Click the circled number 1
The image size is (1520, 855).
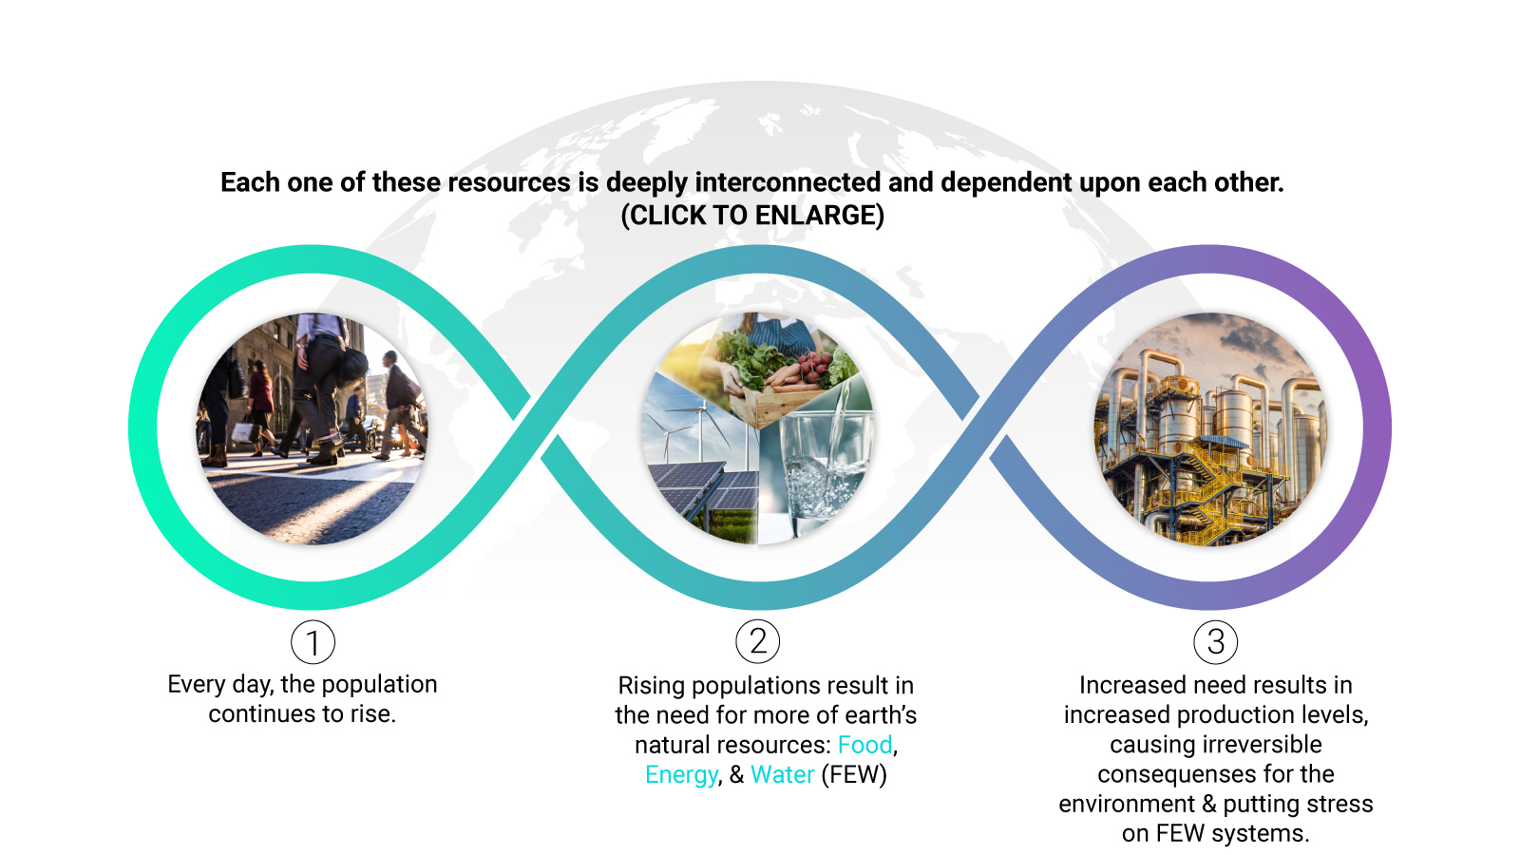(313, 642)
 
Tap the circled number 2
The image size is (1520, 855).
(758, 641)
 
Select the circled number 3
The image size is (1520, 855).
(1215, 642)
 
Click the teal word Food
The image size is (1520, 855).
(864, 745)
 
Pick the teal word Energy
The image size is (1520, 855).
(680, 775)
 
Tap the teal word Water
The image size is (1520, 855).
(783, 774)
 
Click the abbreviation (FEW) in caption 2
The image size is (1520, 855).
(854, 774)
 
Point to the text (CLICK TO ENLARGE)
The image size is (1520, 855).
(752, 215)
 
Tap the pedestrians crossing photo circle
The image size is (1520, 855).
(313, 428)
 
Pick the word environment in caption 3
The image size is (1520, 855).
(1127, 804)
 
